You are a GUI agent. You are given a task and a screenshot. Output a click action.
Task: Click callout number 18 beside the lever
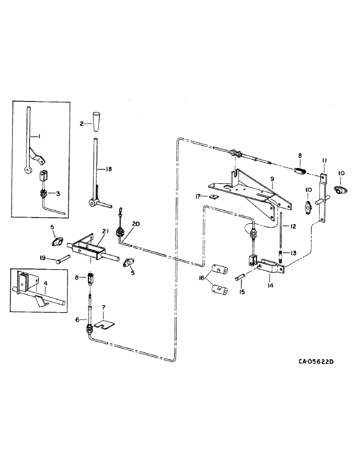108,169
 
